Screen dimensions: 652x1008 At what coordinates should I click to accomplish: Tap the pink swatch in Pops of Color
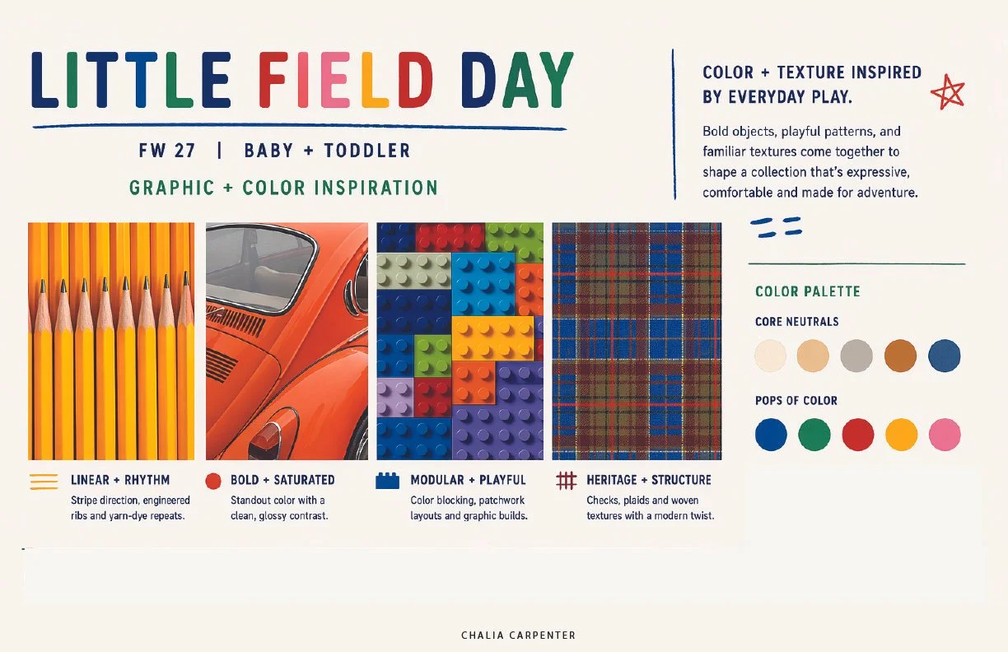click(945, 435)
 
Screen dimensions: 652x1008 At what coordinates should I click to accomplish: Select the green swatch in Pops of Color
click(814, 435)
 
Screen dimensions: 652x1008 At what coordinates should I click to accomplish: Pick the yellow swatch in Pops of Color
click(901, 435)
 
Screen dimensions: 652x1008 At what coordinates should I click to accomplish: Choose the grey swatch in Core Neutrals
click(856, 356)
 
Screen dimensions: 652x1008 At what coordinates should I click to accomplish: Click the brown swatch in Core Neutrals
click(900, 356)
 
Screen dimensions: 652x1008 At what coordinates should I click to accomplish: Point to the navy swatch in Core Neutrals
click(944, 356)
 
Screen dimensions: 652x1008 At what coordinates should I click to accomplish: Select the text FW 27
click(167, 151)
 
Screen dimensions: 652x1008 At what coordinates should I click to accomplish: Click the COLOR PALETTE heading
click(807, 291)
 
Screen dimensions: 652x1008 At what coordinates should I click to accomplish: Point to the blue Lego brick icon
click(387, 480)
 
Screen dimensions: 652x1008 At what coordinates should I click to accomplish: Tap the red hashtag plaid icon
click(566, 480)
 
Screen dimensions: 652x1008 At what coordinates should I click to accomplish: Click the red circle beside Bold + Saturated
click(213, 481)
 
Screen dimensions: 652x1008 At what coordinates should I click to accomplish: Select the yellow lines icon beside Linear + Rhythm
click(44, 482)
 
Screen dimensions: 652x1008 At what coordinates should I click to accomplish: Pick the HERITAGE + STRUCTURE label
click(648, 480)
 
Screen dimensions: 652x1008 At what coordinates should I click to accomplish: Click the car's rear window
click(259, 272)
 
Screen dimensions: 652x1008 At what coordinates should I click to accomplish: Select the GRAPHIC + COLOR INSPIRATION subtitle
click(283, 188)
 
